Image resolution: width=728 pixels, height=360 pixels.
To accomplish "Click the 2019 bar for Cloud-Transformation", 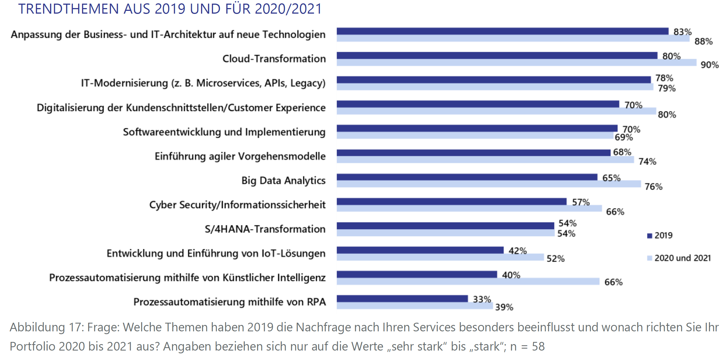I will (x=497, y=55).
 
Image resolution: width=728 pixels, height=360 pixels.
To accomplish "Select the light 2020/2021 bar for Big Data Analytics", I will (x=488, y=184).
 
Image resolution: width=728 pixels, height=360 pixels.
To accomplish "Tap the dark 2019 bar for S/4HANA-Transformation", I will (x=445, y=226).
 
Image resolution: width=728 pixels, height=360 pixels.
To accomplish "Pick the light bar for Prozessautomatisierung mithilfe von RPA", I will (x=415, y=306).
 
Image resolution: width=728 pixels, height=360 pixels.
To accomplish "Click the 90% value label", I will (x=710, y=65).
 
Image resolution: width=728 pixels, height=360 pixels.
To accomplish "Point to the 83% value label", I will (x=682, y=32).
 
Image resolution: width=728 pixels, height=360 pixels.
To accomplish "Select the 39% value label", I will (x=504, y=307).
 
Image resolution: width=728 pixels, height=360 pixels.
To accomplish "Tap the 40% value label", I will (x=511, y=275).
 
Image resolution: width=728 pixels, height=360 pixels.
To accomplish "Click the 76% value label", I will (x=653, y=187).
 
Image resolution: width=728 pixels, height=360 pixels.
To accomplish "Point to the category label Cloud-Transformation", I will (x=274, y=58).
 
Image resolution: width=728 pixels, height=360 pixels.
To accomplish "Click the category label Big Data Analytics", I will (x=283, y=181).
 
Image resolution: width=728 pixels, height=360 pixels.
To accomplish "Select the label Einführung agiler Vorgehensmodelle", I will (x=240, y=156).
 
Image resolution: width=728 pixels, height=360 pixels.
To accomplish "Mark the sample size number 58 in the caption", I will (x=538, y=346).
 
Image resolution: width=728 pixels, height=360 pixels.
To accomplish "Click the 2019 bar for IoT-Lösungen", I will (x=420, y=250).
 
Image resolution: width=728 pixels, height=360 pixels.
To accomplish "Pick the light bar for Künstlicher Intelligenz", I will (x=468, y=281).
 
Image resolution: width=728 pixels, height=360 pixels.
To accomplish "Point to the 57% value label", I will (x=581, y=202).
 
